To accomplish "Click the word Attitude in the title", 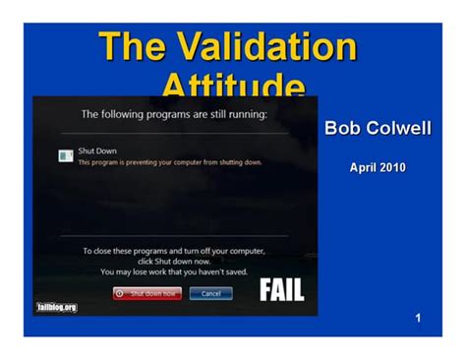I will (x=232, y=85).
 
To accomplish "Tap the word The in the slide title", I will (x=133, y=46).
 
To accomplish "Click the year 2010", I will (x=391, y=167).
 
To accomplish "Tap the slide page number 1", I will (x=418, y=318).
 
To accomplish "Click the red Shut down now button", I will (x=147, y=293).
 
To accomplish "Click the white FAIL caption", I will (x=281, y=290).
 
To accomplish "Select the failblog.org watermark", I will (x=56, y=307).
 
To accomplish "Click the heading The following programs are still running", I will (x=174, y=114).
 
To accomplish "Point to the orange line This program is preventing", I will (x=162, y=162).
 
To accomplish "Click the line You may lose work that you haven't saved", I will (x=173, y=271).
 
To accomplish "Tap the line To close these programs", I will (x=173, y=251).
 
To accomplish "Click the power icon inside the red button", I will (x=120, y=293).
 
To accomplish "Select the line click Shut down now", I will (x=173, y=261).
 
